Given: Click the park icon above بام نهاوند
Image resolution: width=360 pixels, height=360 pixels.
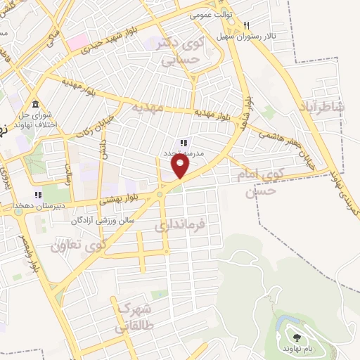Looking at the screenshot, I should (x=293, y=338).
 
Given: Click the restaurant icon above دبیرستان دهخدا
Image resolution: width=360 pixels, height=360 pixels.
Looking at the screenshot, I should (x=38, y=195).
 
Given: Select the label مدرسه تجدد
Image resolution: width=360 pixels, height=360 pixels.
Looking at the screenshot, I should (x=184, y=152).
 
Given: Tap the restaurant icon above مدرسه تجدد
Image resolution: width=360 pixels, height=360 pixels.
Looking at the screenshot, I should (x=184, y=143).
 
